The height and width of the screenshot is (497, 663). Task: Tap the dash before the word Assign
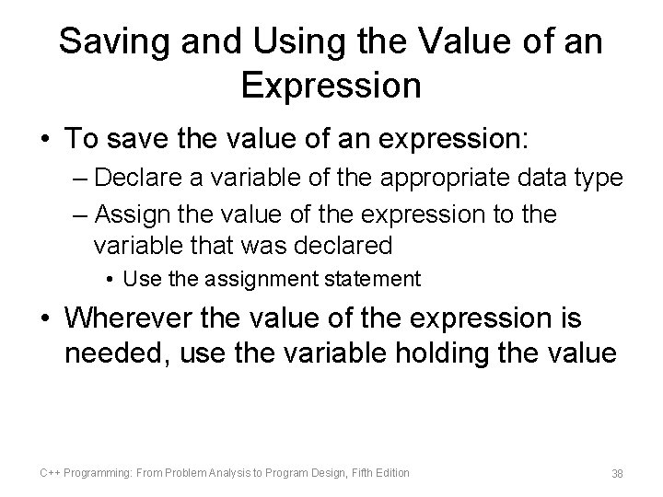pyautogui.click(x=79, y=215)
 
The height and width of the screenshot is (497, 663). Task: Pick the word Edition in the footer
pyautogui.click(x=389, y=472)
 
